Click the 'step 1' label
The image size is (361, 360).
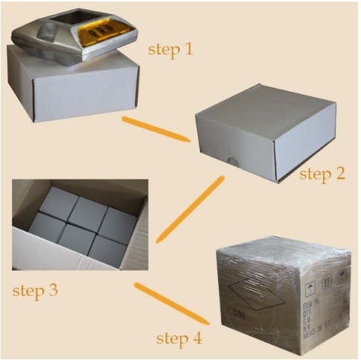click(170, 50)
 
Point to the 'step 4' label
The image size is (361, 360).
click(179, 338)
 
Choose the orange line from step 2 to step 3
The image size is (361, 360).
click(191, 209)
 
